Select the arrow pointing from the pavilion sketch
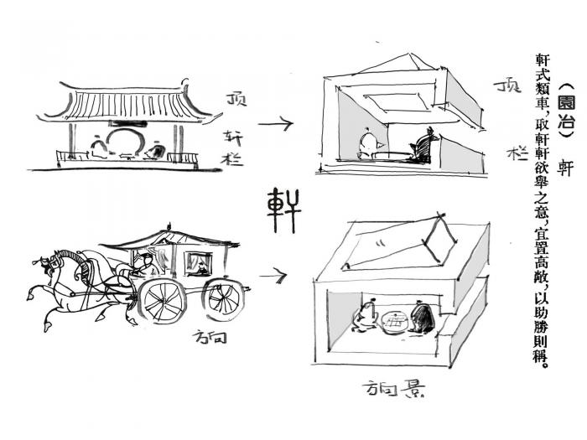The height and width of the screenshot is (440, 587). (275, 125)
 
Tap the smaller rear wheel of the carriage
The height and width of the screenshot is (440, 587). (225, 298)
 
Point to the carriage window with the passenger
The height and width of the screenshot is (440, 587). (200, 265)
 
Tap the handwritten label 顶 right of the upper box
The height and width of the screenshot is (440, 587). (508, 86)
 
